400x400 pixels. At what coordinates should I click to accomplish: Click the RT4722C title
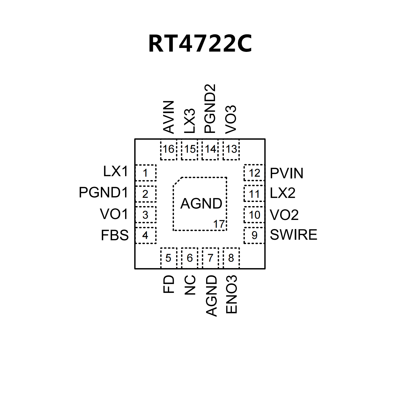tap(200, 44)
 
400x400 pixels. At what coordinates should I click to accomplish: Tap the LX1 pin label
tap(116, 171)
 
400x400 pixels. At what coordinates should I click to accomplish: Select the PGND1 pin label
tap(103, 193)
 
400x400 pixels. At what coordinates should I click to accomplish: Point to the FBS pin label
tap(115, 235)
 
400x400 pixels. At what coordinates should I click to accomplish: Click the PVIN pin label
tap(287, 173)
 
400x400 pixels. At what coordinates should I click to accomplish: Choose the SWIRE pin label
tap(293, 235)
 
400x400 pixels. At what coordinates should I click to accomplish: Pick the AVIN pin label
tap(169, 117)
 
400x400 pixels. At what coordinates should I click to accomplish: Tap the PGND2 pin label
tap(210, 109)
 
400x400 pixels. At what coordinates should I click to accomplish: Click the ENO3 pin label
tap(231, 294)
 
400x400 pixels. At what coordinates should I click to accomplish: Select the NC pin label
tap(190, 285)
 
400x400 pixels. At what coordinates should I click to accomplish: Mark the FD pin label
tap(169, 284)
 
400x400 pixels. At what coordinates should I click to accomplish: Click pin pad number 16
tap(168, 149)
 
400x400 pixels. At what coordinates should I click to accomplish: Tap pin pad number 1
tap(145, 173)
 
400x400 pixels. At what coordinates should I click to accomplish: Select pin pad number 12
tap(254, 173)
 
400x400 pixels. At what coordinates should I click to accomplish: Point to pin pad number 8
tap(231, 258)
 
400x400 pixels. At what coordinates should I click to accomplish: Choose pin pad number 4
tap(145, 235)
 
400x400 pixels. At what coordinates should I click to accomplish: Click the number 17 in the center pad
tap(219, 224)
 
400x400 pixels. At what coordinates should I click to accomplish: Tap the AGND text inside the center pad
tap(201, 204)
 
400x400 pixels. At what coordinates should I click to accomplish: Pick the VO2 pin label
tap(284, 215)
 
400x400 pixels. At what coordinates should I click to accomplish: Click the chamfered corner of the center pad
tap(177, 181)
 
